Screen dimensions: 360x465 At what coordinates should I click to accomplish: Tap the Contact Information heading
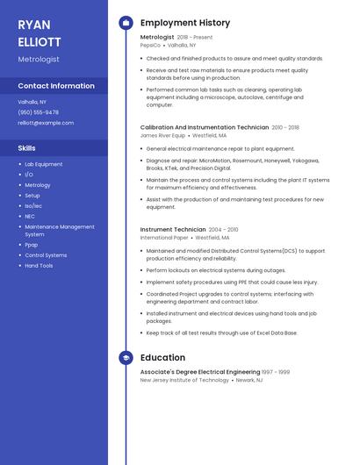click(x=56, y=86)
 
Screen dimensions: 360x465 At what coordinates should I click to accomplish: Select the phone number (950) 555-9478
click(x=38, y=112)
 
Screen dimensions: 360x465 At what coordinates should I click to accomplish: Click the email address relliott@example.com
click(x=46, y=123)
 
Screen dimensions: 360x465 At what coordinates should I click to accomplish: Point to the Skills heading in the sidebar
click(x=27, y=148)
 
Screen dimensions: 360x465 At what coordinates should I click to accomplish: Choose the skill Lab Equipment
click(x=43, y=164)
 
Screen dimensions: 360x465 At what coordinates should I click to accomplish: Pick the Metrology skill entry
click(x=38, y=185)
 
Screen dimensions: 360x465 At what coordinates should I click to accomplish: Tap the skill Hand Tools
click(x=39, y=265)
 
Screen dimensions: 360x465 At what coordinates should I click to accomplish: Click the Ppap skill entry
click(x=32, y=245)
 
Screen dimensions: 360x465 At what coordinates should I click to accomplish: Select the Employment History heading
click(x=185, y=23)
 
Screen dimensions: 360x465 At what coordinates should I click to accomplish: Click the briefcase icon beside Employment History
click(x=126, y=23)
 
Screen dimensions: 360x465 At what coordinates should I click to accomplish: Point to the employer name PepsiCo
click(x=150, y=45)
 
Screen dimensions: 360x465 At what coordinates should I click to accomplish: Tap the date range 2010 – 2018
click(x=284, y=127)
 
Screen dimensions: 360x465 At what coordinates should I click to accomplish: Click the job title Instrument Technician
click(x=173, y=229)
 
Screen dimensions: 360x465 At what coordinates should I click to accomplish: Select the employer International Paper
click(x=164, y=237)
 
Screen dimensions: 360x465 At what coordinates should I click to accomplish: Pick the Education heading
click(x=162, y=357)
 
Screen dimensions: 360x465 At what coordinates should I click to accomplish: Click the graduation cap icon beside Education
click(x=126, y=357)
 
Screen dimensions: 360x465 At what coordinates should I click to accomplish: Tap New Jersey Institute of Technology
click(x=184, y=380)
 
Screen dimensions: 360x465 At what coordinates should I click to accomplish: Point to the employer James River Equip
click(x=163, y=136)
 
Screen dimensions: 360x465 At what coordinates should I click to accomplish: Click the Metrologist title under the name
click(x=40, y=59)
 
